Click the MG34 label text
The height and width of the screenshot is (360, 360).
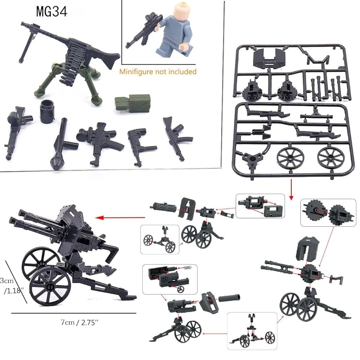pos(52,12)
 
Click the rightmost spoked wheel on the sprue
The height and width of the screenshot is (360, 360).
pos(333,158)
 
